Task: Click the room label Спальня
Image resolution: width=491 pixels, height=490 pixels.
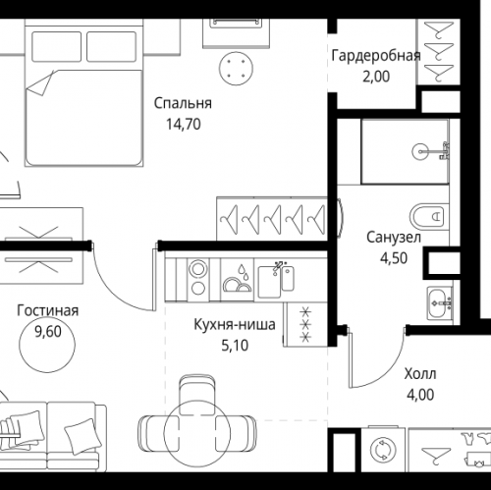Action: coord(182,103)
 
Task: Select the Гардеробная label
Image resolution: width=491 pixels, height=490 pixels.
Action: coord(376,55)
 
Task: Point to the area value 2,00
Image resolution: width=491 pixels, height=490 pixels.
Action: coord(376,75)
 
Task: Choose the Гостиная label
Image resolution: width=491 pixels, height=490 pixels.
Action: coord(47,311)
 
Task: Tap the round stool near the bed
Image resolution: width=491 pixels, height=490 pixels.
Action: coord(236,66)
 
